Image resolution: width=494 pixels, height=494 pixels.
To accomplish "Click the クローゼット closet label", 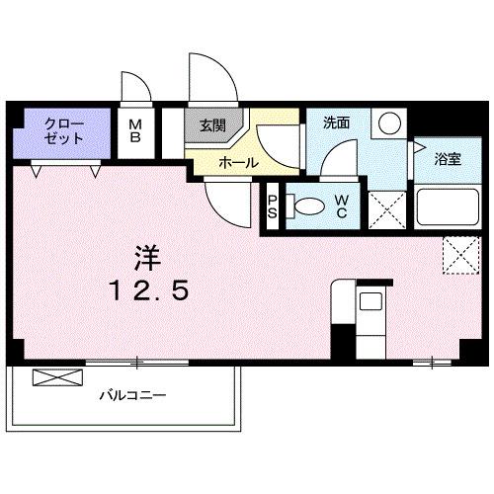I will click(x=64, y=131).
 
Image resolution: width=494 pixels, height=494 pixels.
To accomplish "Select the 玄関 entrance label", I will click(x=210, y=125).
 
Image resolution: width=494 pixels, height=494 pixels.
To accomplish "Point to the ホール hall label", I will click(x=238, y=161).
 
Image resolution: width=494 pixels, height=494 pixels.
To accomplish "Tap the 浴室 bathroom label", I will click(x=448, y=159).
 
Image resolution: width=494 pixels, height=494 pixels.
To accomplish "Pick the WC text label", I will click(x=340, y=206).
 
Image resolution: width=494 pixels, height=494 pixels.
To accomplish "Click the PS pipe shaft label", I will click(x=273, y=207).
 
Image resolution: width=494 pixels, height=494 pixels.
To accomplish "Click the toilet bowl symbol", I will click(x=306, y=206).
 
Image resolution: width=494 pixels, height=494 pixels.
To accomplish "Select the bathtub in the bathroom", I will click(x=446, y=207).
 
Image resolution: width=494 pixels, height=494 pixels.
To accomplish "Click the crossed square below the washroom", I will click(x=386, y=208).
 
